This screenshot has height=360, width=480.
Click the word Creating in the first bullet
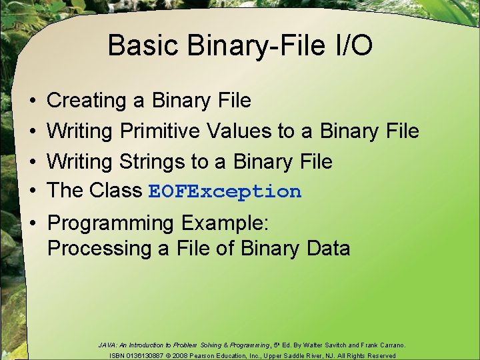click(x=87, y=101)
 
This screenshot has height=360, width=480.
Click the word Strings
click(x=151, y=161)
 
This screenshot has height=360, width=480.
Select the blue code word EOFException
click(x=225, y=192)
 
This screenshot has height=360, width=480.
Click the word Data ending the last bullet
click(x=327, y=249)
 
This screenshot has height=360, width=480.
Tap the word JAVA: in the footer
click(x=107, y=345)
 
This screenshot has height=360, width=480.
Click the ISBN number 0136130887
click(x=150, y=356)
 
